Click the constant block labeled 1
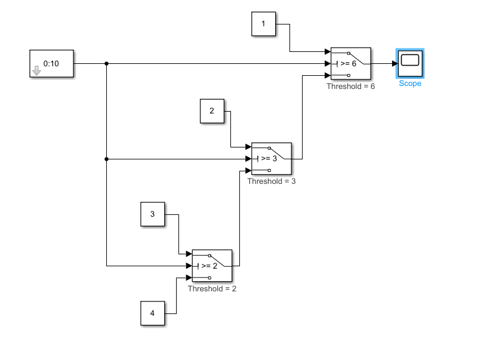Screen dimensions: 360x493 pos(263,24)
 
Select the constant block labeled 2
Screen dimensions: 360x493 pos(212,111)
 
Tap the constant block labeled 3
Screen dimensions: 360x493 pos(152,214)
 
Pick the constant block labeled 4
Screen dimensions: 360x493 pos(152,313)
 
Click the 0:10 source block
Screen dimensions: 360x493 pos(52,64)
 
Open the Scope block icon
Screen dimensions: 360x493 pos(410,63)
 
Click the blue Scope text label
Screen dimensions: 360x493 pos(410,84)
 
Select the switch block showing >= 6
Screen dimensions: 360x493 pos(350,63)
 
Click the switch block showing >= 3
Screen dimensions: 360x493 pos(272,159)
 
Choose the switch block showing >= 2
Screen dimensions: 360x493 pos(212,266)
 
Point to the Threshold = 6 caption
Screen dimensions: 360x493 pos(350,87)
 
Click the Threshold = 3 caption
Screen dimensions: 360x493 pos(272,181)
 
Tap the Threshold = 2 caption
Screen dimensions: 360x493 pos(212,288)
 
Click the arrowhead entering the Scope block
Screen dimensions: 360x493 pos(395,63)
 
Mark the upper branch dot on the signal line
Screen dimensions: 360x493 pos(106,63)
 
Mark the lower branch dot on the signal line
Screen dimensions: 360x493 pos(106,159)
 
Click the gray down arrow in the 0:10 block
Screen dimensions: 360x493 pos(36,71)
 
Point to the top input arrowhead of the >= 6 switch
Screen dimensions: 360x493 pos(327,52)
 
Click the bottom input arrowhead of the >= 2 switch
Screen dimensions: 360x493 pos(189,278)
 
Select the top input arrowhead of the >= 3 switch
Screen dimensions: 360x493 pos(248,147)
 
